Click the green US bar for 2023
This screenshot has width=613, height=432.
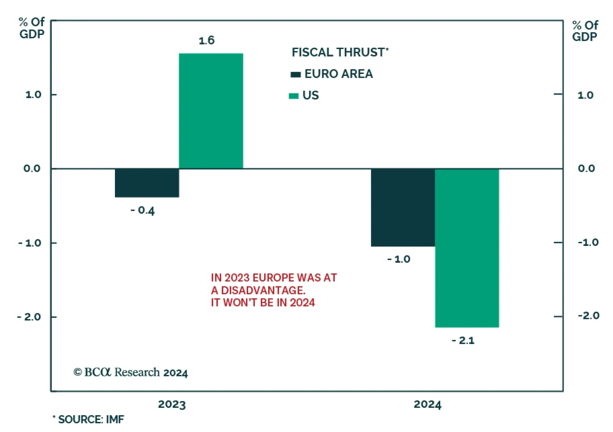pyautogui.click(x=211, y=111)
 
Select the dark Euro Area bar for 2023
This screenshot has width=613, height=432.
pyautogui.click(x=147, y=183)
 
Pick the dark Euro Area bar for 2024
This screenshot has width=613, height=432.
pyautogui.click(x=403, y=207)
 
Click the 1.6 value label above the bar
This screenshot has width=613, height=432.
pyautogui.click(x=207, y=41)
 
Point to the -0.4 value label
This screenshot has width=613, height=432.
pyautogui.click(x=143, y=210)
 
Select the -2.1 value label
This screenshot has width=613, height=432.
pyautogui.click(x=463, y=340)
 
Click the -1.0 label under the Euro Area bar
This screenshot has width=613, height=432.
pyautogui.click(x=399, y=259)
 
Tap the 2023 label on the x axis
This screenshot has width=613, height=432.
pyautogui.click(x=172, y=404)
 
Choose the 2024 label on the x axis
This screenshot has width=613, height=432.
pyautogui.click(x=427, y=404)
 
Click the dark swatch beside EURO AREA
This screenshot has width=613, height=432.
pyautogui.click(x=295, y=74)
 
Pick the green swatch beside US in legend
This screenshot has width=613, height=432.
pyautogui.click(x=293, y=96)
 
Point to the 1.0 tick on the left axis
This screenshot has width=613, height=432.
pyautogui.click(x=33, y=95)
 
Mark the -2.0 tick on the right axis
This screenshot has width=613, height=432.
pyautogui.click(x=588, y=316)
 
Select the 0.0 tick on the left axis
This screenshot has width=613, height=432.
pyautogui.click(x=32, y=169)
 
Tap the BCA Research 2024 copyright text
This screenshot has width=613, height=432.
pyautogui.click(x=131, y=372)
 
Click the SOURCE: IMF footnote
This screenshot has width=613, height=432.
pyautogui.click(x=89, y=419)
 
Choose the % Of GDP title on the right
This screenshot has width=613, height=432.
pyautogui.click(x=585, y=31)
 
